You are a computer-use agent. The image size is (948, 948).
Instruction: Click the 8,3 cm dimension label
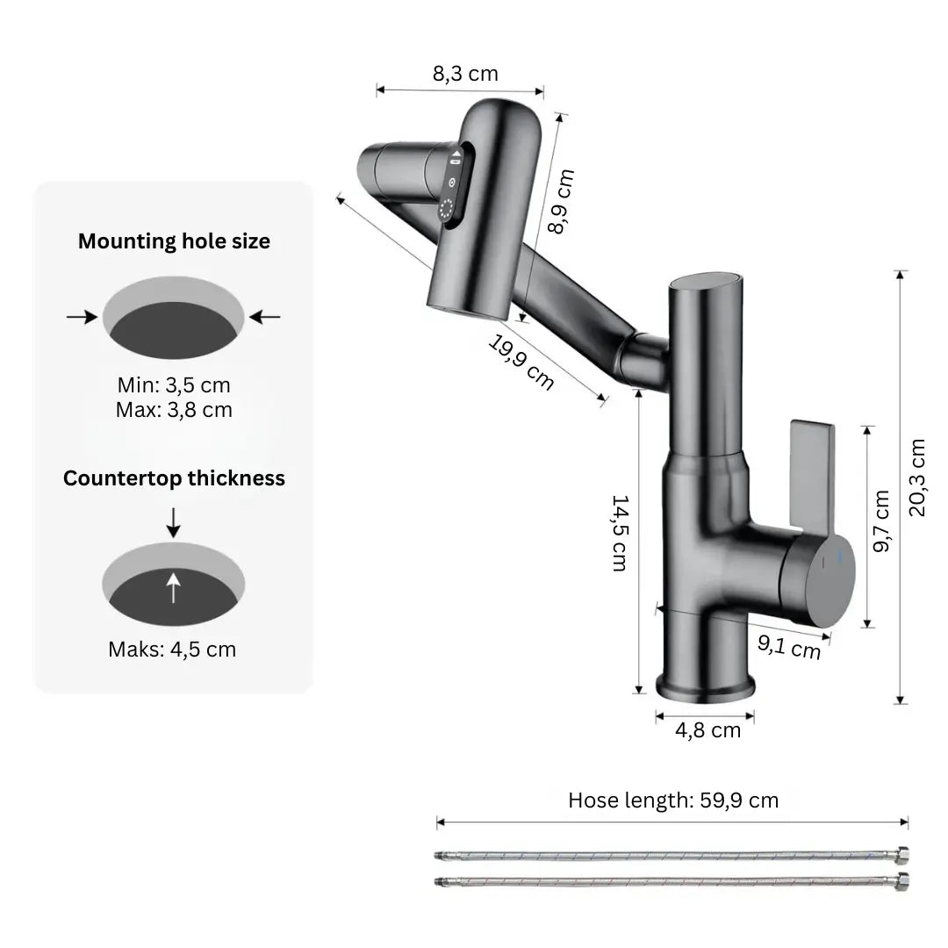click(465, 74)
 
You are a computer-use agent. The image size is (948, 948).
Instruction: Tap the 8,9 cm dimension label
click(561, 201)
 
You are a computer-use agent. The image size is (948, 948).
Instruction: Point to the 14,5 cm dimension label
click(619, 533)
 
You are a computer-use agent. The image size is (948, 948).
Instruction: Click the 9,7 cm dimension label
click(882, 521)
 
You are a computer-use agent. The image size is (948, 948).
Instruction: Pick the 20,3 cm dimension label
click(917, 478)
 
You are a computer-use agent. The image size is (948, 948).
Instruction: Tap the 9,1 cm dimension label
click(789, 647)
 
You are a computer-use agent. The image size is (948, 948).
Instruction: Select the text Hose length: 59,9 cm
click(673, 800)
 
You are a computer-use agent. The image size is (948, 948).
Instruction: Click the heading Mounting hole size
click(174, 241)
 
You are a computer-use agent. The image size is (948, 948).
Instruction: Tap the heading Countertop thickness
click(174, 478)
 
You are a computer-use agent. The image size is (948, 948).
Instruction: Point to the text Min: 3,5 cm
click(174, 384)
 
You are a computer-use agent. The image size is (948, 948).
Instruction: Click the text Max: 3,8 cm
click(174, 409)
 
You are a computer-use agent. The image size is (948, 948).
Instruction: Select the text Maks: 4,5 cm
click(172, 650)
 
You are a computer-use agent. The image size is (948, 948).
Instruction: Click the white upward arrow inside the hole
click(174, 585)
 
